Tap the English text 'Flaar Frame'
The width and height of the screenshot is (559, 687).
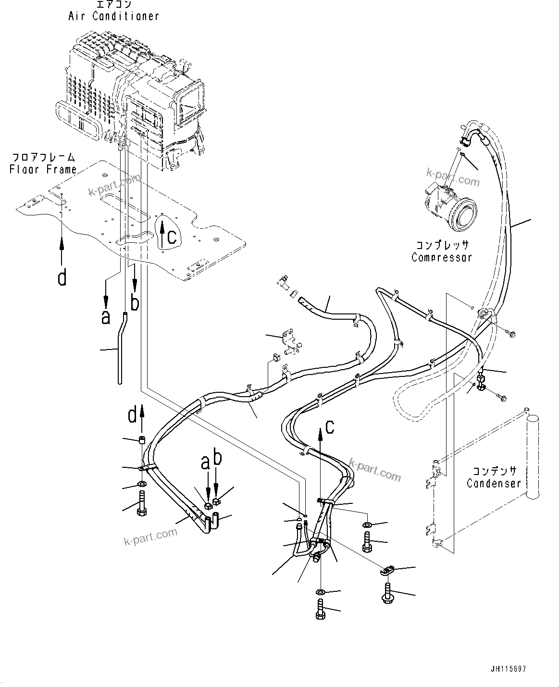pyautogui.click(x=43, y=169)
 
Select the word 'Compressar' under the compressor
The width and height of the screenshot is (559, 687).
pyautogui.click(x=442, y=257)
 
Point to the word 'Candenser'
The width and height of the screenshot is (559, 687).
pyautogui.click(x=494, y=483)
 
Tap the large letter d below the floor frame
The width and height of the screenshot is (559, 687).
pyautogui.click(x=62, y=277)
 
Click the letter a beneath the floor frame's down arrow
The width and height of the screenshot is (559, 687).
pyautogui.click(x=105, y=317)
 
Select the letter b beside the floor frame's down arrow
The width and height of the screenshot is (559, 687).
pyautogui.click(x=136, y=303)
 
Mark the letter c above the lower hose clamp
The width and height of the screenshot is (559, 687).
pyautogui.click(x=329, y=426)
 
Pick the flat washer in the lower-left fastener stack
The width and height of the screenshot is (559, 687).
pyautogui.click(x=143, y=484)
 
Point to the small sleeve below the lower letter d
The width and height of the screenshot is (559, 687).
pyautogui.click(x=142, y=440)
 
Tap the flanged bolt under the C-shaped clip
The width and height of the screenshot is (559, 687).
pyautogui.click(x=387, y=590)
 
